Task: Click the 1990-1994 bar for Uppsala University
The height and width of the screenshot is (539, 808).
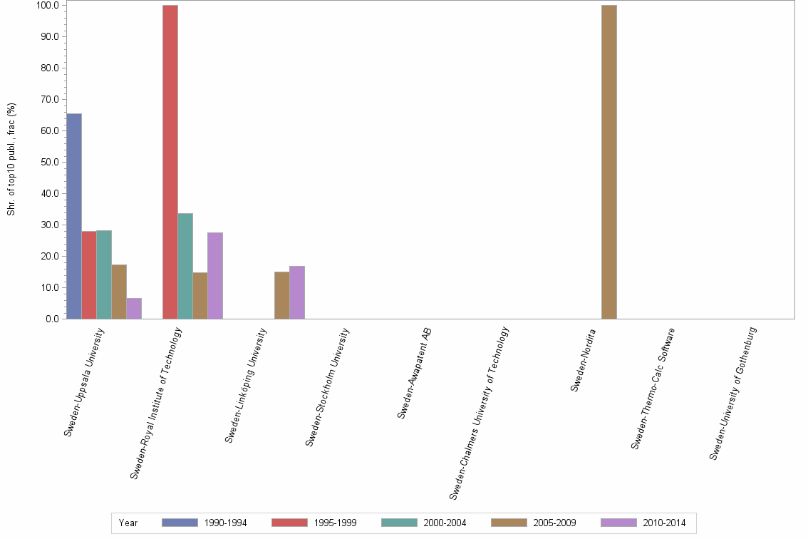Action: coord(74,216)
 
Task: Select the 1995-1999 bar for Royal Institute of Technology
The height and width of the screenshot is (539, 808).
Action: coord(170,162)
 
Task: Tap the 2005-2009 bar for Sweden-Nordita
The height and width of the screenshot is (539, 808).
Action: coord(609,162)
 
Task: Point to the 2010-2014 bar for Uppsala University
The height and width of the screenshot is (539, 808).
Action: coord(134,308)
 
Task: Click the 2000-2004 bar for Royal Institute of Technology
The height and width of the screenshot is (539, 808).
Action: coord(185,266)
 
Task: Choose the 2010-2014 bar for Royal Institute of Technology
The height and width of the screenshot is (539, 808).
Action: coord(215,275)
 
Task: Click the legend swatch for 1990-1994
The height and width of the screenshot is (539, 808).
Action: coord(180,523)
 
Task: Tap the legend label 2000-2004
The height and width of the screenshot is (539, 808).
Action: coord(445,523)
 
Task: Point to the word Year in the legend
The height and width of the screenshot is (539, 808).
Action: coord(129,523)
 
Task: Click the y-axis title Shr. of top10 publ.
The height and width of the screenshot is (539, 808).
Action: coord(11,160)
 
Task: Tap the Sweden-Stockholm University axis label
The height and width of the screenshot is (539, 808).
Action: coord(328,386)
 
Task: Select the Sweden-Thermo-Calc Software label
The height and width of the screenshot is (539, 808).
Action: coord(653,388)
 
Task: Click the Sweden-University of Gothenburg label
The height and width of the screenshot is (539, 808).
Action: coord(733,393)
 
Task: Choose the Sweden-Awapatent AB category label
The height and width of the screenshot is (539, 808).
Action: coord(415,372)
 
